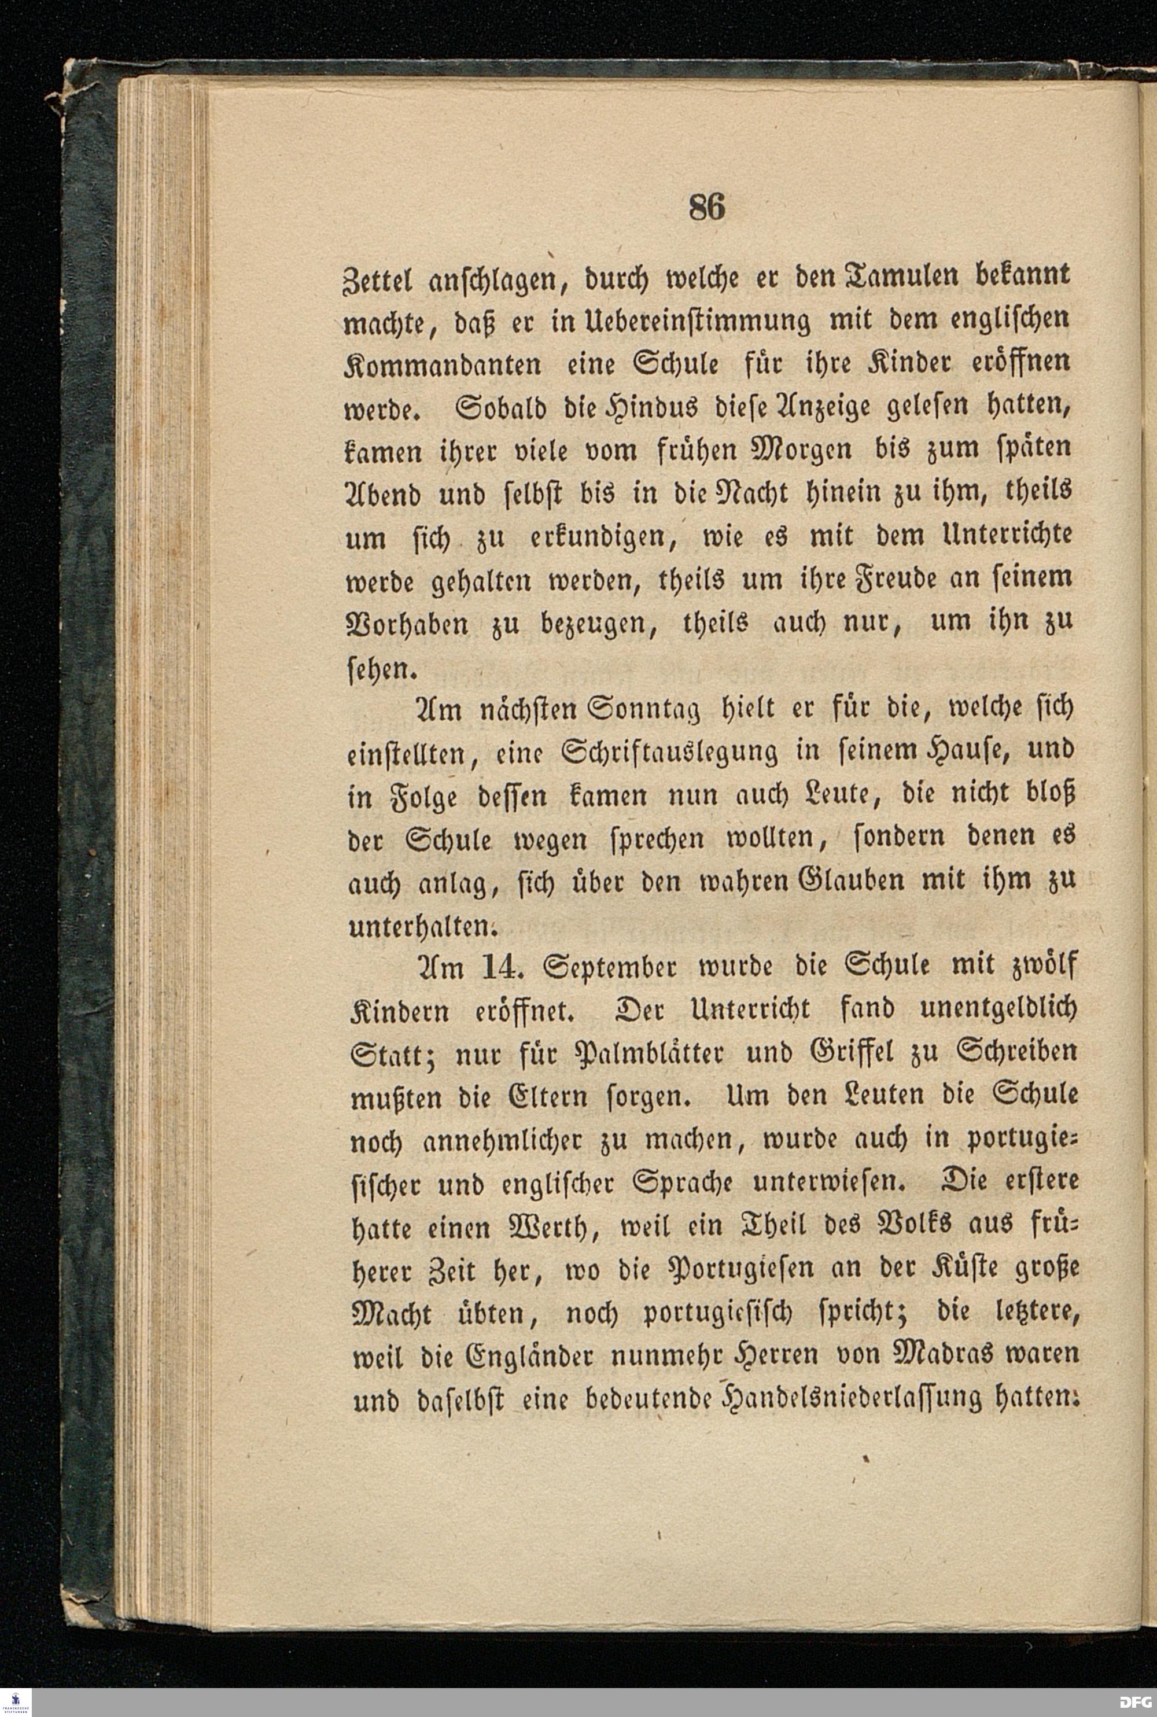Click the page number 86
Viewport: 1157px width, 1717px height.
pyautogui.click(x=707, y=207)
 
